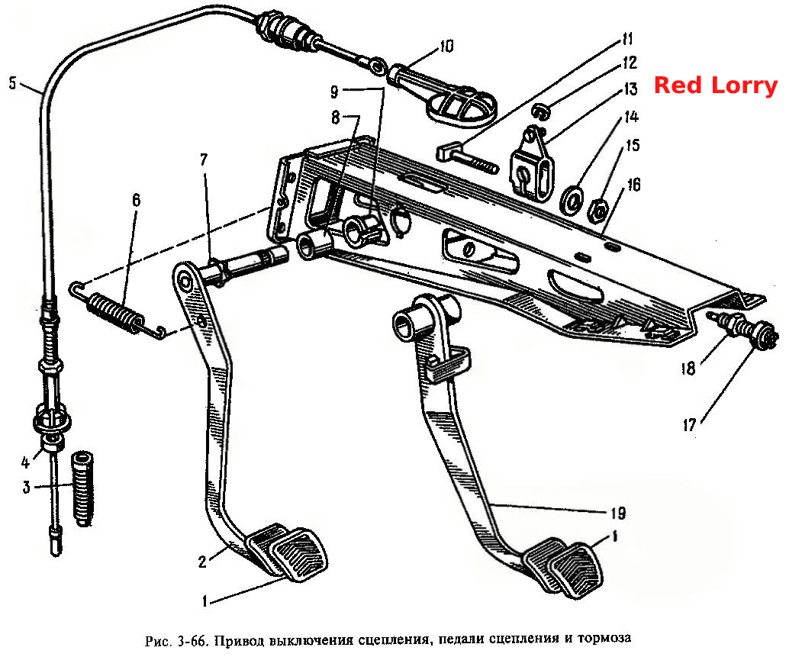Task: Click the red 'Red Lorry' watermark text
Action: coord(716,85)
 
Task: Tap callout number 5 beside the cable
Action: coord(13,82)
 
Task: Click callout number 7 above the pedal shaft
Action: coord(204,159)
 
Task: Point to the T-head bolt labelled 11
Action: coord(467,159)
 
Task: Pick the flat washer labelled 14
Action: coord(572,199)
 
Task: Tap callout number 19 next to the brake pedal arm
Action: coord(618,512)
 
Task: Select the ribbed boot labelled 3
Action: coord(82,488)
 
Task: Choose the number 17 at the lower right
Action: coord(690,425)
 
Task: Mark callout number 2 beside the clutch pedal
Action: coord(202,562)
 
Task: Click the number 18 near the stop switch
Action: coord(688,368)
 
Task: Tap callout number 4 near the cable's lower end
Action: coord(26,463)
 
